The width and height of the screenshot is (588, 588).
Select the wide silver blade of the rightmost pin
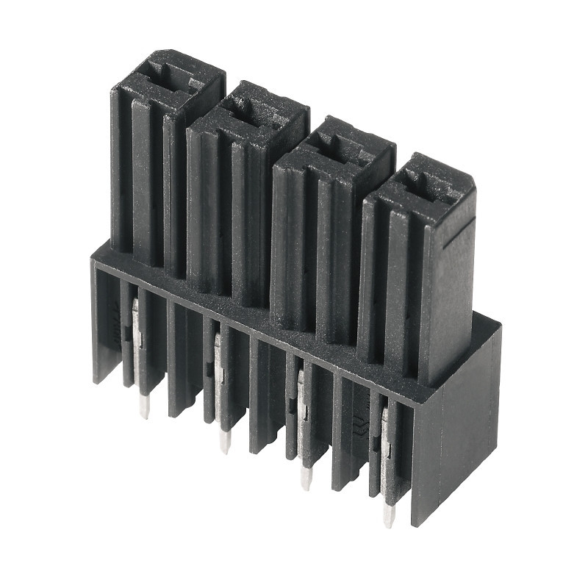(x=386, y=441)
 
